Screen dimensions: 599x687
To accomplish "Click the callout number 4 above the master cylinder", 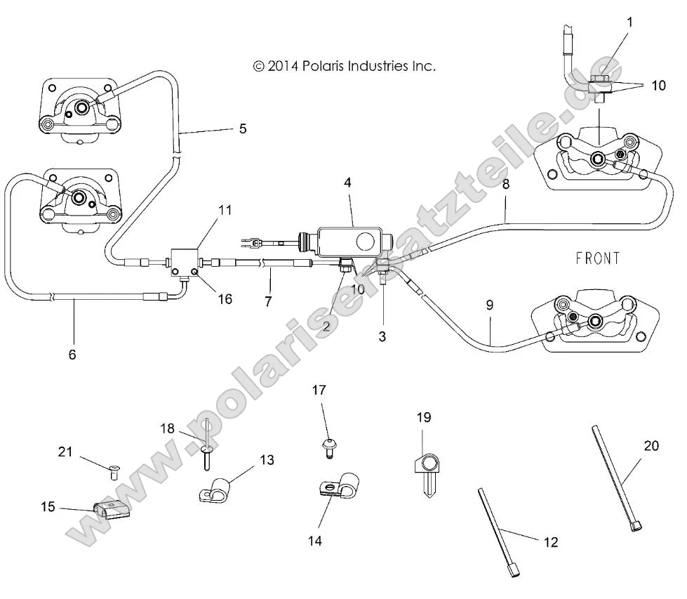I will pyautogui.click(x=347, y=182).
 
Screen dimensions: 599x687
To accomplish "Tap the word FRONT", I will pyautogui.click(x=597, y=258).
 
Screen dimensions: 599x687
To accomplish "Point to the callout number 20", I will pyautogui.click(x=651, y=445).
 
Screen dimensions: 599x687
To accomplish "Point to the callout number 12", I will pyautogui.click(x=551, y=541).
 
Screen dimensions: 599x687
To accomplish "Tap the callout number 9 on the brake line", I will pyautogui.click(x=490, y=305).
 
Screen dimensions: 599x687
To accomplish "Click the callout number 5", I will pyautogui.click(x=243, y=129).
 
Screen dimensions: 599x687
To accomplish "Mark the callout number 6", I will pyautogui.click(x=72, y=355).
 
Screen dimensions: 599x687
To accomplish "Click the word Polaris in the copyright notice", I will pyautogui.click(x=331, y=66).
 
